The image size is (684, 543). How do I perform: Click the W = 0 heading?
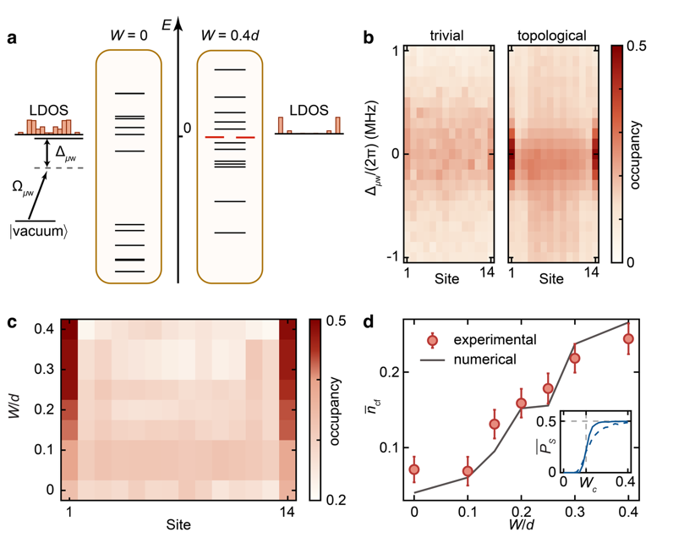click(128, 37)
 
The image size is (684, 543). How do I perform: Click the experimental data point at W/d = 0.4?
click(627, 339)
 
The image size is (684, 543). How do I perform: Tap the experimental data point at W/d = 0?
click(414, 469)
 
